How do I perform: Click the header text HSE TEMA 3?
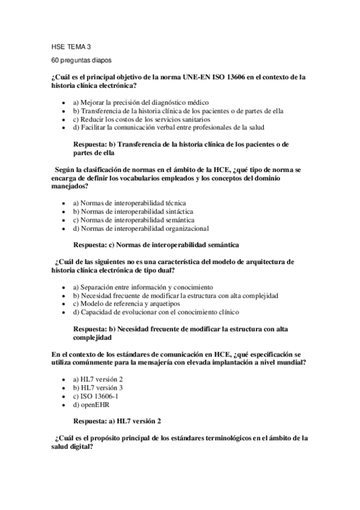click(x=72, y=47)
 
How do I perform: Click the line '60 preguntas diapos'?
click(x=81, y=61)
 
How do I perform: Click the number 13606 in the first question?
click(x=237, y=76)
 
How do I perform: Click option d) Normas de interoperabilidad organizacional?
click(x=141, y=228)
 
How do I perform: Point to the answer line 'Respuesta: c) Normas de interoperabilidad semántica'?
click(x=156, y=245)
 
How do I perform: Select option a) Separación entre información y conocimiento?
click(x=142, y=287)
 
